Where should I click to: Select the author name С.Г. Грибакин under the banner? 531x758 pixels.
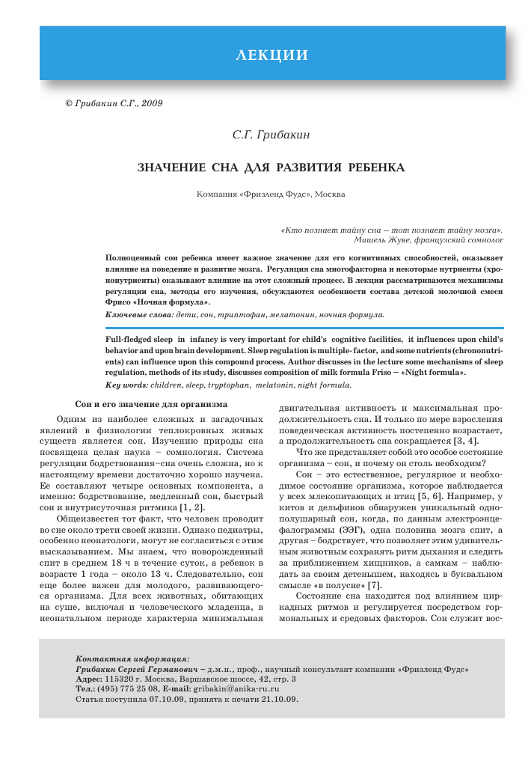point(271,135)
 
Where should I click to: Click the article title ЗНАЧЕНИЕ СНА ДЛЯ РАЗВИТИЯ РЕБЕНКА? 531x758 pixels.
point(271,167)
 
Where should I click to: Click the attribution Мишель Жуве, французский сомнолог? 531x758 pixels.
point(428,240)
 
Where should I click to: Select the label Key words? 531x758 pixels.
point(126,385)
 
